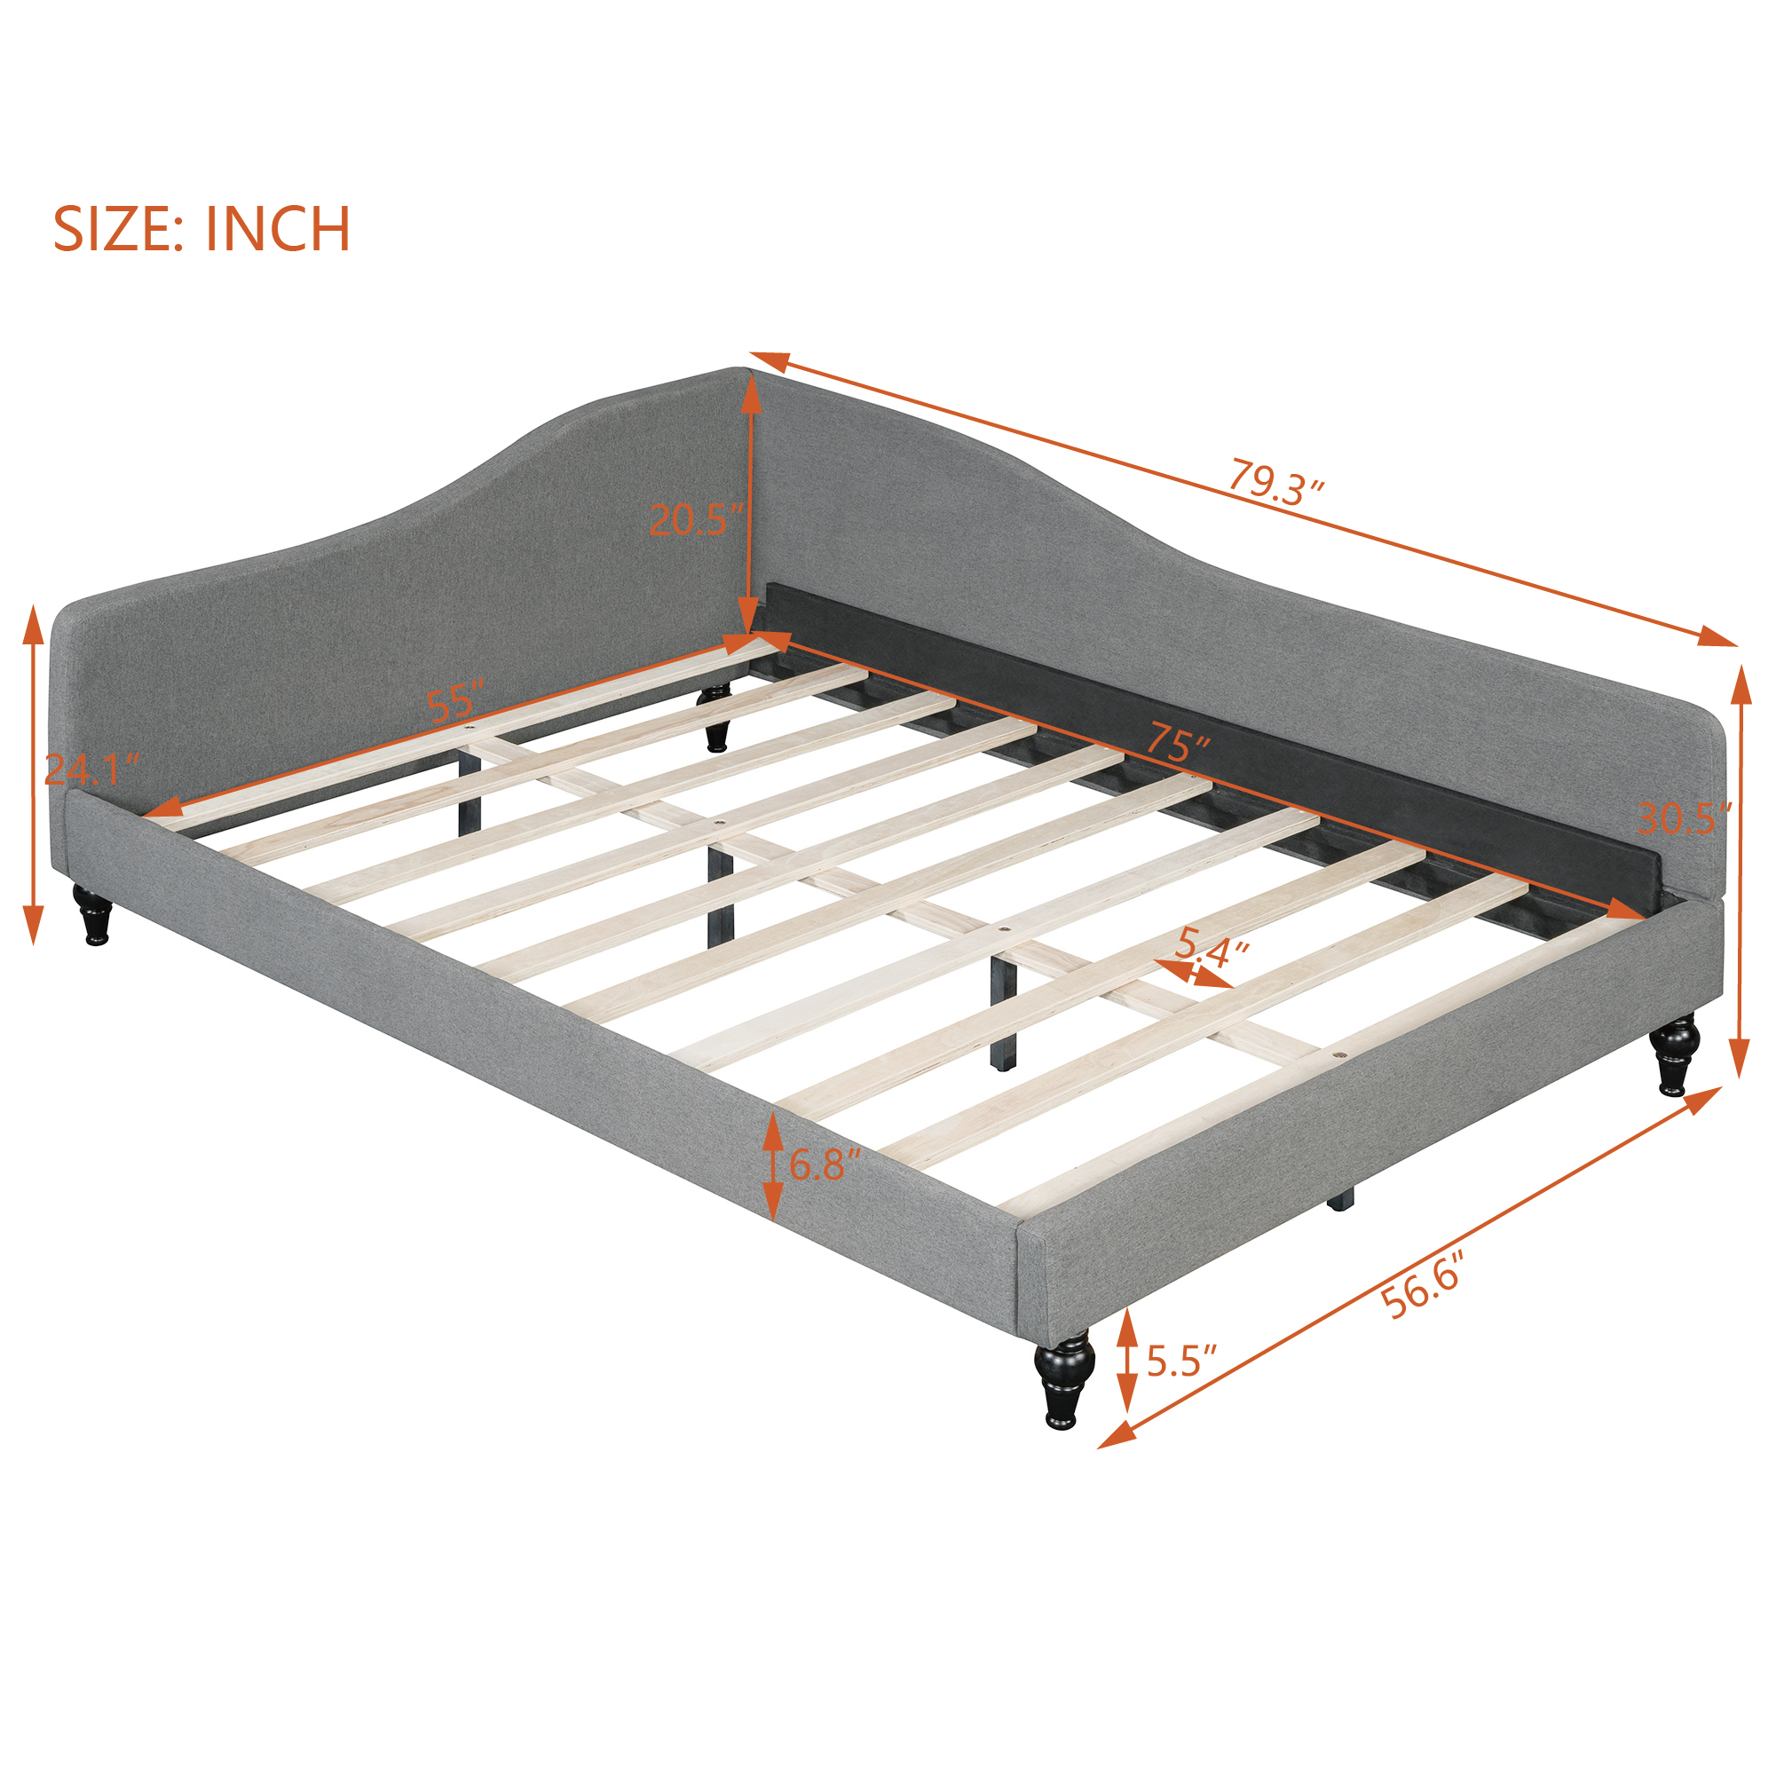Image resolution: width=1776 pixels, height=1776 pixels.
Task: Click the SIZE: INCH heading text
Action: [202, 229]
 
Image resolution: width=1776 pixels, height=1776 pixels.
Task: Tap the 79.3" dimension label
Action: [1276, 482]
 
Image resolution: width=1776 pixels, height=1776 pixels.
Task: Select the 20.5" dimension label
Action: [696, 520]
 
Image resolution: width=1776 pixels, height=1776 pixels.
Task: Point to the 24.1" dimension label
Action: [93, 769]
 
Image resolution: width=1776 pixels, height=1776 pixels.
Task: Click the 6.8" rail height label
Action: [825, 1164]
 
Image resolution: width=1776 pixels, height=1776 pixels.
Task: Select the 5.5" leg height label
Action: [1182, 1361]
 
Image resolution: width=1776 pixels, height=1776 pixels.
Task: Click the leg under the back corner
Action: [716, 719]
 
